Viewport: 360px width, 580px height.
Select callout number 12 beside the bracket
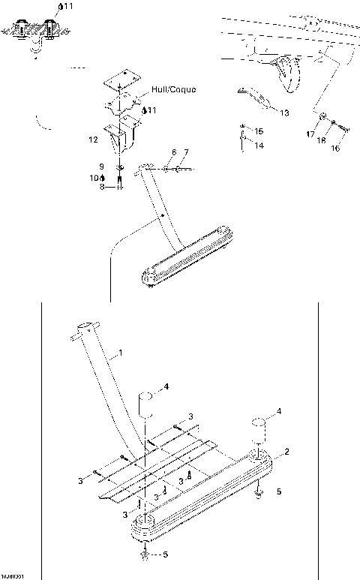(x=93, y=140)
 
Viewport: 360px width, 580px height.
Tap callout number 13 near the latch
(x=283, y=113)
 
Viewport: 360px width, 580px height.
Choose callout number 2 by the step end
(x=286, y=452)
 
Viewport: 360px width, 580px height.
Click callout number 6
(x=173, y=152)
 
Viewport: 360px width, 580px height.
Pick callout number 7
(x=186, y=152)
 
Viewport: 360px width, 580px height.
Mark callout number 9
(x=102, y=188)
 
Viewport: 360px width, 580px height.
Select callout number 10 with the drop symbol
(x=102, y=166)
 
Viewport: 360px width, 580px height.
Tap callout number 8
(x=95, y=178)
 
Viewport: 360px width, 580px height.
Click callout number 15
(x=259, y=131)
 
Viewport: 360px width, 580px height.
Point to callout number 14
(x=259, y=146)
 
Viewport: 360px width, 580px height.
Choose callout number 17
(x=309, y=134)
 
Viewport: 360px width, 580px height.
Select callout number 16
(x=335, y=149)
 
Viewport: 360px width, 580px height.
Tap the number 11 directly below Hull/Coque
(x=152, y=110)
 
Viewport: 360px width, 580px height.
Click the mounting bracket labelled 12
(x=121, y=140)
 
